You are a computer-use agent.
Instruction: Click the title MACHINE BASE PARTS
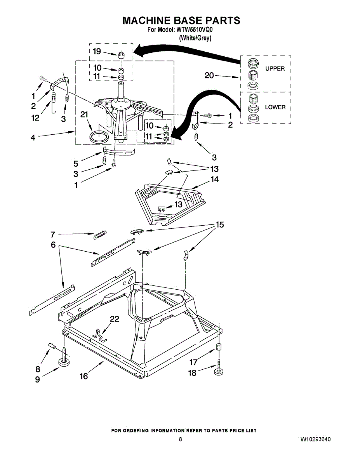(x=181, y=21)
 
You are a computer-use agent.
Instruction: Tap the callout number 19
(x=97, y=51)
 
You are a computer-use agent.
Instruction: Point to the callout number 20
(x=209, y=76)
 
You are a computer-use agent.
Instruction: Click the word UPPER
(x=275, y=69)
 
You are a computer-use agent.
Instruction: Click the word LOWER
(x=275, y=107)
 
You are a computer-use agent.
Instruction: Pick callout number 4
(x=33, y=137)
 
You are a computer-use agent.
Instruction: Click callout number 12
(x=36, y=118)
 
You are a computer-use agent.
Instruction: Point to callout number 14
(x=214, y=179)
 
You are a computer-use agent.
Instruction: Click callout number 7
(x=53, y=234)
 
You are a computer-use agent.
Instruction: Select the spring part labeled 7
(x=100, y=235)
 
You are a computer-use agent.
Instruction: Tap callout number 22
(x=114, y=319)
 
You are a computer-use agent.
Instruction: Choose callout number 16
(x=84, y=376)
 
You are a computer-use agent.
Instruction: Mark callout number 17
(x=193, y=362)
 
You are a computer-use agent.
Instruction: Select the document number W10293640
(x=315, y=440)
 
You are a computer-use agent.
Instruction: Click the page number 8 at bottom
(x=180, y=440)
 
